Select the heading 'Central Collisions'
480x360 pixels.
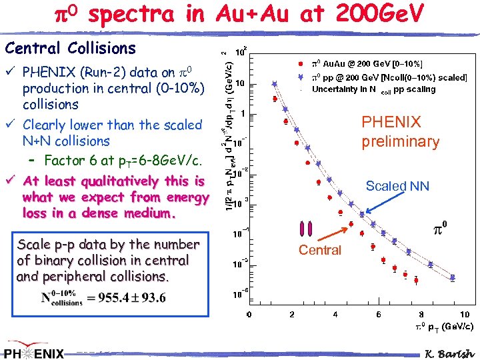(x=70, y=48)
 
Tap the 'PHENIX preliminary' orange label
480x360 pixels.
(x=400, y=131)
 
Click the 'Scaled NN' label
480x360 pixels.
(x=397, y=187)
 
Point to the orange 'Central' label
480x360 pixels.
(x=319, y=250)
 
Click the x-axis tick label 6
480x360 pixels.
(x=379, y=315)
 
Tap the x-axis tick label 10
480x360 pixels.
(x=464, y=315)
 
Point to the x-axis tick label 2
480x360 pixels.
(x=292, y=315)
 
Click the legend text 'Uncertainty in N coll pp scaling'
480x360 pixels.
(x=373, y=89)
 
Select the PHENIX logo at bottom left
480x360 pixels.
(x=33, y=352)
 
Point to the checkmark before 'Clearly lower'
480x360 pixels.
(x=9, y=125)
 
